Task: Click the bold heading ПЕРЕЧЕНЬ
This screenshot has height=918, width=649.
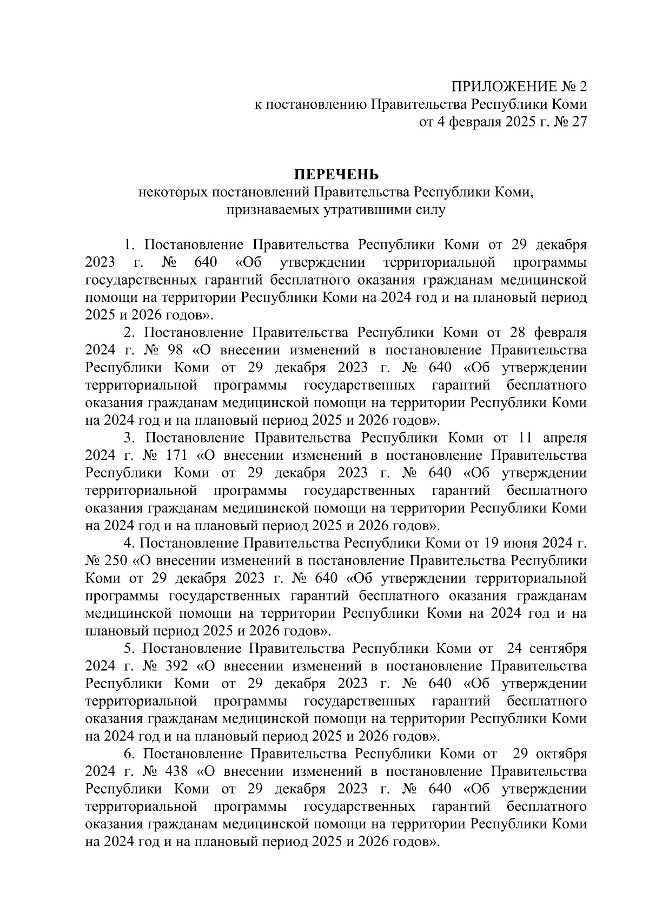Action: (x=336, y=174)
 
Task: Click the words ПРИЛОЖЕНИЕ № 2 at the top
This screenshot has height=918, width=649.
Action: (x=519, y=87)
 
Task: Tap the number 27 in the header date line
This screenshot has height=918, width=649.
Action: (x=579, y=122)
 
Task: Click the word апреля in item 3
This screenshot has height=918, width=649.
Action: (x=565, y=438)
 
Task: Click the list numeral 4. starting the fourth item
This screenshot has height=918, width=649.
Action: (x=128, y=543)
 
